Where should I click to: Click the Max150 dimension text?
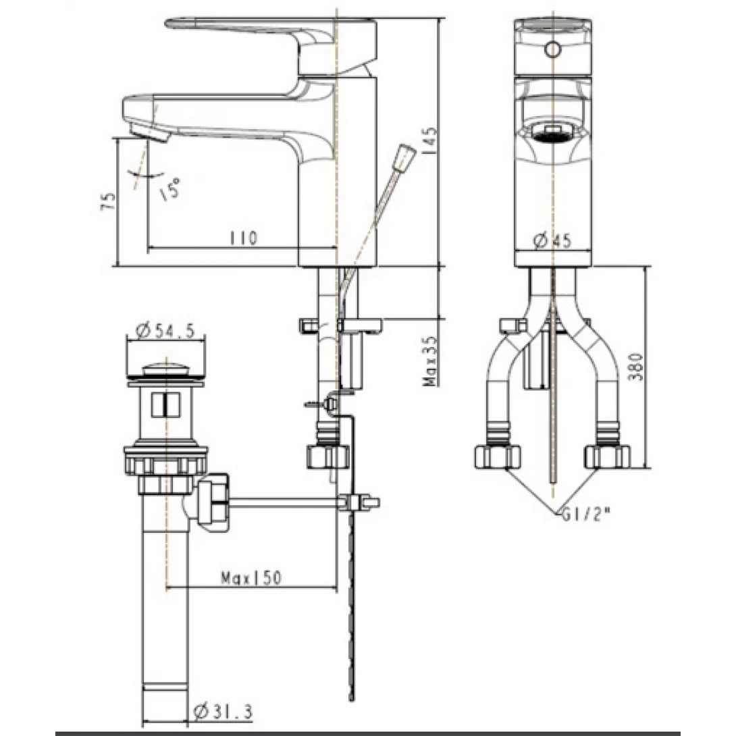251,578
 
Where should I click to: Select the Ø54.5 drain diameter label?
165,331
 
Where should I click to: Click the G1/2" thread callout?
585,515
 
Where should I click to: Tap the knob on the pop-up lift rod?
405,157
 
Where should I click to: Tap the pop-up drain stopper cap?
165,369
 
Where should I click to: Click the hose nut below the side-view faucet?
328,456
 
